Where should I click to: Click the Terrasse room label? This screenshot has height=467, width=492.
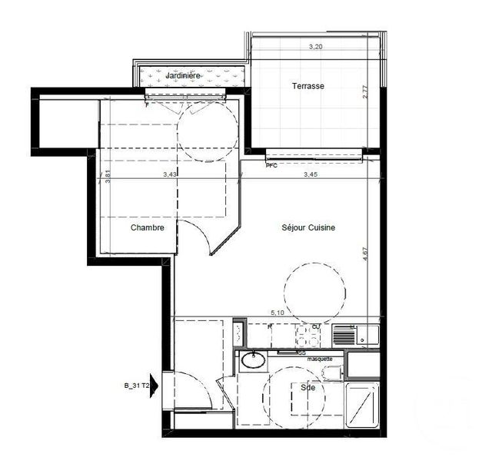[x=307, y=87]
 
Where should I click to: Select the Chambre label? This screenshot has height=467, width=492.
[x=147, y=227]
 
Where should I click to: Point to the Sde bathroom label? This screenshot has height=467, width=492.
[x=308, y=388]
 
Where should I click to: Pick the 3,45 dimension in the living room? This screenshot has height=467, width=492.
[x=310, y=174]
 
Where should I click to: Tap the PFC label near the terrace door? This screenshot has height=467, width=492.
[x=271, y=165]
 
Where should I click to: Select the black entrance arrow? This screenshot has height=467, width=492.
[x=156, y=383]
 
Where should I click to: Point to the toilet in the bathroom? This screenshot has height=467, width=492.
[x=331, y=373]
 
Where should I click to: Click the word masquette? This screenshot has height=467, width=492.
[x=320, y=359]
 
